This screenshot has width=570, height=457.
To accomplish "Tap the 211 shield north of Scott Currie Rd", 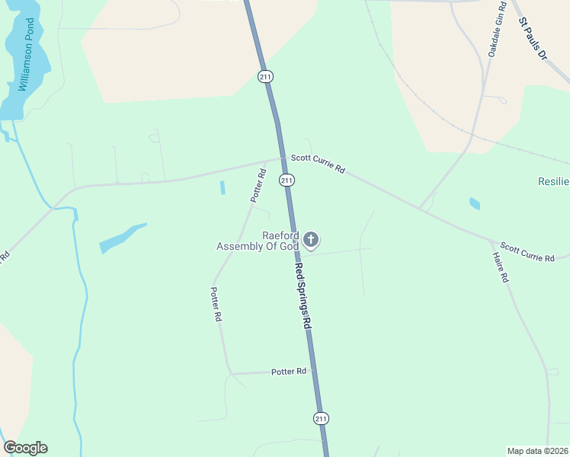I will click(x=265, y=76).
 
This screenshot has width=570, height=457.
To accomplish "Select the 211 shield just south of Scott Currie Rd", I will click(x=286, y=180).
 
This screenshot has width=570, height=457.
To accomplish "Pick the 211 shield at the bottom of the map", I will click(x=321, y=418).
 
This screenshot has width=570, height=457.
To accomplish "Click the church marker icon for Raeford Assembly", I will click(x=310, y=240).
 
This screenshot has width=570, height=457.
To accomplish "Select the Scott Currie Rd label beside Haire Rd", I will click(x=527, y=253).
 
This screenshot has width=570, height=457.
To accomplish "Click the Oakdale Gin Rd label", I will click(x=497, y=30).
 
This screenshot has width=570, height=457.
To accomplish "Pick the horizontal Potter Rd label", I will click(x=289, y=371).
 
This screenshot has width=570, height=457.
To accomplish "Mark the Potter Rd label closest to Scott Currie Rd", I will click(x=258, y=185).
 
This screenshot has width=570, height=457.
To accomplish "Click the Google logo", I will click(x=25, y=448).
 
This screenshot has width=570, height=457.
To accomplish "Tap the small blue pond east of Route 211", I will click(x=475, y=203).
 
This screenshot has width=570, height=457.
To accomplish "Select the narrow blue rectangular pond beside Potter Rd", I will click(x=223, y=187).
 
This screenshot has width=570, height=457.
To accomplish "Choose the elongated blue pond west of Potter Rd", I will click(x=122, y=238).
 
